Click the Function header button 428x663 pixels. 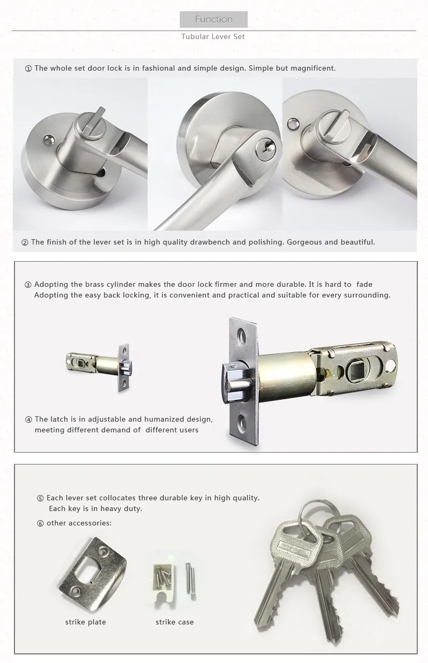[x=213, y=20]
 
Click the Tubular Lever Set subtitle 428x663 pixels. [x=213, y=37]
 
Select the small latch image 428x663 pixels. [x=99, y=367]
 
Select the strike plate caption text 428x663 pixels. [x=86, y=622]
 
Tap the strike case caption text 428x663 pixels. [x=174, y=622]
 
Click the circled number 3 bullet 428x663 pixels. [x=28, y=285]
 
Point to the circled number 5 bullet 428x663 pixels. [x=41, y=498]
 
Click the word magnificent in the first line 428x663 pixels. [x=311, y=68]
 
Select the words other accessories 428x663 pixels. [x=79, y=523]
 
